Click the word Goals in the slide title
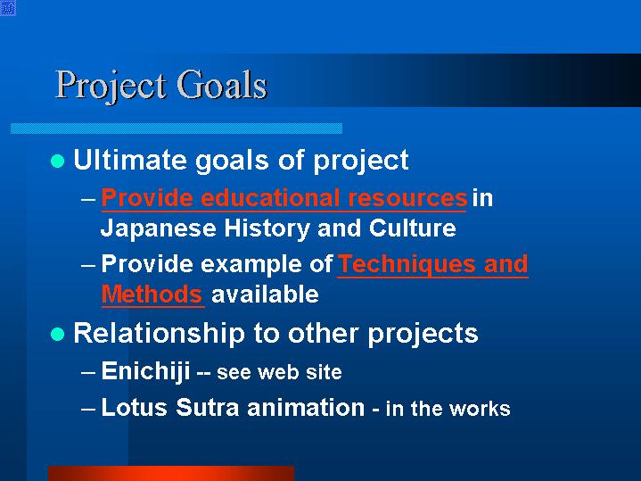tap(222, 85)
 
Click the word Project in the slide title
tap(111, 87)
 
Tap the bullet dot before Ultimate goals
tap(58, 161)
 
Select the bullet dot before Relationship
tap(58, 334)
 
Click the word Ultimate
tap(129, 159)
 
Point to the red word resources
tap(407, 198)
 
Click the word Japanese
tap(158, 228)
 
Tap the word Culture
tap(412, 228)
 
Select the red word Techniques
tap(407, 264)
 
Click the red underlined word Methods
tap(152, 294)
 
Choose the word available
tap(265, 294)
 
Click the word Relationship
tap(159, 333)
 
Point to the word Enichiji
tap(145, 371)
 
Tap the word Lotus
tap(134, 407)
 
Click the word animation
tap(306, 407)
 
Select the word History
tap(267, 228)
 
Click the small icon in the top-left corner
tap(8, 8)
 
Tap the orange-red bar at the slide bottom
tap(171, 473)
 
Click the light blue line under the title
tap(177, 129)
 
